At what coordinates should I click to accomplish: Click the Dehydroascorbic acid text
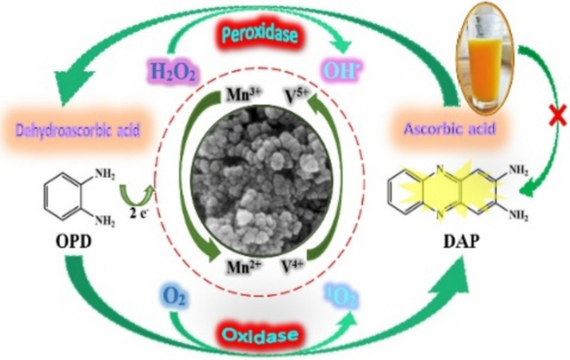pyautogui.click(x=77, y=130)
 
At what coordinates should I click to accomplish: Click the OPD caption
pyautogui.click(x=67, y=247)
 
